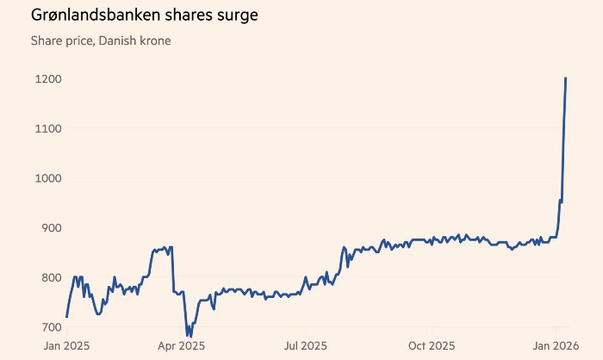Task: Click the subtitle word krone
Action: (153, 40)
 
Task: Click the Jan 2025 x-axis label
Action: (66, 345)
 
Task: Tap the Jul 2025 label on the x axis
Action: (305, 345)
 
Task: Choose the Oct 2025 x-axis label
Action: (431, 345)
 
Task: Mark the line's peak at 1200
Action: (565, 78)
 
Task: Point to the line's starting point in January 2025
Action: (66, 317)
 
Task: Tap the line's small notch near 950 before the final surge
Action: (561, 202)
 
